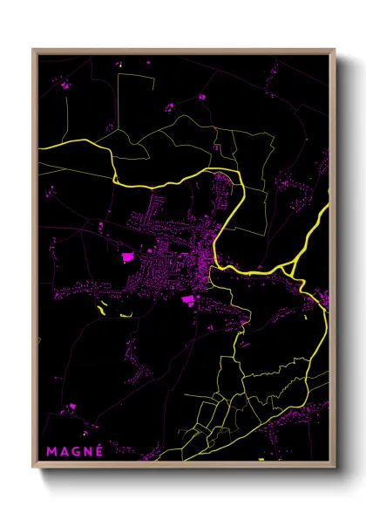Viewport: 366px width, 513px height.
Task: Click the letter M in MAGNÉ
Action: pyautogui.click(x=51, y=451)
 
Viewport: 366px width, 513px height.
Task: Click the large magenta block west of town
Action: pyautogui.click(x=127, y=256)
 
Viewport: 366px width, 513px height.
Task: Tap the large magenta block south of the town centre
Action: pyautogui.click(x=187, y=300)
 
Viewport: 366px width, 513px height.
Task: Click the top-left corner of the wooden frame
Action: pyautogui.click(x=33, y=49)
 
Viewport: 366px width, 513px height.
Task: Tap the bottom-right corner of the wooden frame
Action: pyautogui.click(x=335, y=469)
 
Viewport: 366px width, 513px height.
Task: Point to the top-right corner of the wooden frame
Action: pyautogui.click(x=335, y=49)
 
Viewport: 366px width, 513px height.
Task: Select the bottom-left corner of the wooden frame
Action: pyautogui.click(x=33, y=469)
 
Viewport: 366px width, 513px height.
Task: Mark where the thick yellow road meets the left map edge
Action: pyautogui.click(x=38, y=149)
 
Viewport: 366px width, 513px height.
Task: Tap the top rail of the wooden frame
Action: pyautogui.click(x=184, y=50)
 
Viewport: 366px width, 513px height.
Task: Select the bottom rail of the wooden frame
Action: pyautogui.click(x=184, y=468)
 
